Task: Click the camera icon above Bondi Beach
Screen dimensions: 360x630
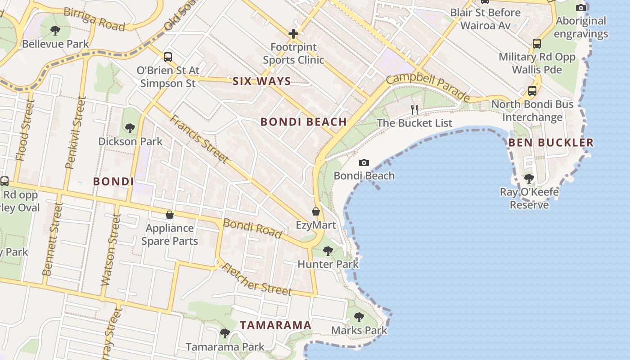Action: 364,162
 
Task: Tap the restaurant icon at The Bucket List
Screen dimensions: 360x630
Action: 414,109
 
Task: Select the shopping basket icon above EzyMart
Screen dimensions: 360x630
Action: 316,211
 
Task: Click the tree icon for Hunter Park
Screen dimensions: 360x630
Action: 328,251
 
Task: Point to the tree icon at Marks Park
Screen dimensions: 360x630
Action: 359,317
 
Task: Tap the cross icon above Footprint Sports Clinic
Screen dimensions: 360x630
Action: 293,34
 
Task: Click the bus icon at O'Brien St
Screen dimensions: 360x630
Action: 168,57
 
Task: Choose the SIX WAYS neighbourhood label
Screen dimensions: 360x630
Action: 262,81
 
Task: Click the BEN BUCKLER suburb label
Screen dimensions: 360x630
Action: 551,143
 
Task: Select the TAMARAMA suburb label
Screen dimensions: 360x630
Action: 275,325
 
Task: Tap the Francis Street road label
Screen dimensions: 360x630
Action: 199,139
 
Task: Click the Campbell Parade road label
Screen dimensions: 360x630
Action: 428,87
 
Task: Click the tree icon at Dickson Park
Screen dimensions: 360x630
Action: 130,128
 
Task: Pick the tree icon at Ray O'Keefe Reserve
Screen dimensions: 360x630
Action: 529,179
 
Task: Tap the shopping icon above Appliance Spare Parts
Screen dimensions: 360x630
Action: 170,215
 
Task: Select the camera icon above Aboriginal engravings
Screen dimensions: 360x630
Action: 581,8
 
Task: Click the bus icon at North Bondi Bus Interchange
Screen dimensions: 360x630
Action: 532,90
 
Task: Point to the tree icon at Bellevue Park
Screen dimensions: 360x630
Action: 55,31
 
